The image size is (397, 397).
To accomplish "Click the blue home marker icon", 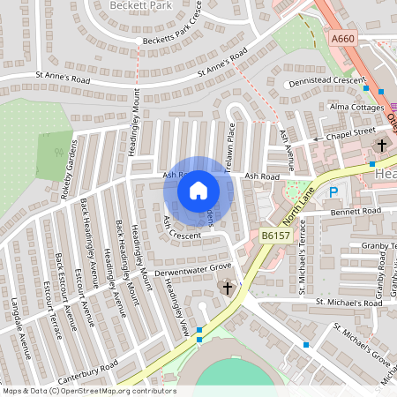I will (x=198, y=190).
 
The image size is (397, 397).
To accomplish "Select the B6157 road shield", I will (x=274, y=236).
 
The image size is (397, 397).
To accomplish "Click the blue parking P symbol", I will (x=333, y=191).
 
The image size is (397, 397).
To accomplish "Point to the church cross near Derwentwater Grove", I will (x=227, y=288).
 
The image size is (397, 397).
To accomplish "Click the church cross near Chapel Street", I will (x=382, y=145).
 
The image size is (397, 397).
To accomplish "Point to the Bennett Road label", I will (x=356, y=211).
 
